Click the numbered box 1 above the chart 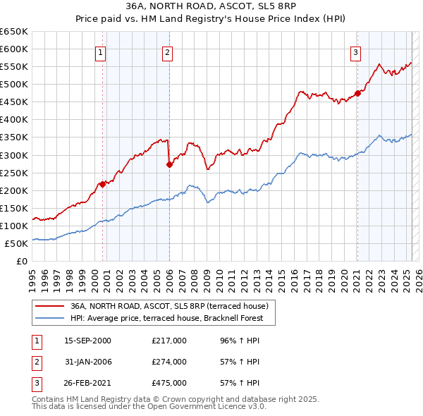tap(100, 52)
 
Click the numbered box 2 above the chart tap(167, 52)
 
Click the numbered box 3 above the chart tap(356, 52)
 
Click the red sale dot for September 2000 tap(103, 184)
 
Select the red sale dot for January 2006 tap(169, 164)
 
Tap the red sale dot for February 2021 tap(357, 92)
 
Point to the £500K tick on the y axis tap(15, 85)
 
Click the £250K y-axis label tap(15, 173)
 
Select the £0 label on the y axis tap(20, 262)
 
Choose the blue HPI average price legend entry tap(166, 318)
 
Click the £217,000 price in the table tap(169, 341)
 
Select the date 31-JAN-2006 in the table tap(88, 362)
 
